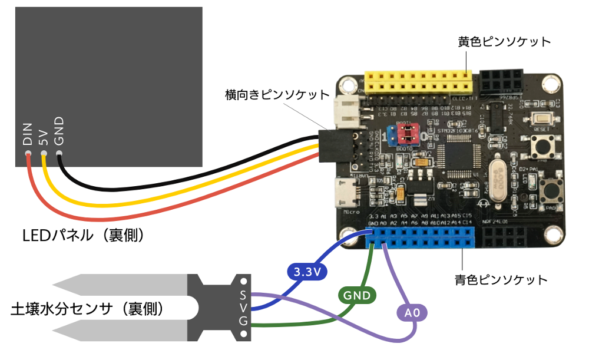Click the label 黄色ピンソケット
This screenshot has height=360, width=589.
tap(504, 42)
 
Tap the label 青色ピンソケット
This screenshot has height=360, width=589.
tap(501, 279)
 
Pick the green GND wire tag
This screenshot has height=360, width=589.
tap(357, 295)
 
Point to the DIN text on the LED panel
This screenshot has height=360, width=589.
tap(27, 135)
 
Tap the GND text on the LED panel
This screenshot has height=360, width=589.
tap(59, 131)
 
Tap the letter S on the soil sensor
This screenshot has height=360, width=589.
tap(243, 294)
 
